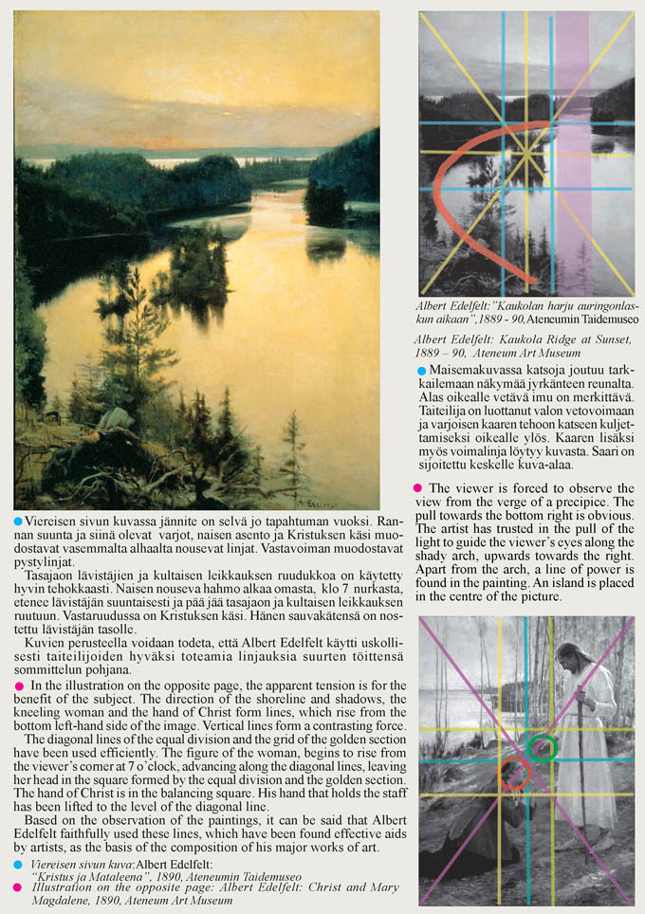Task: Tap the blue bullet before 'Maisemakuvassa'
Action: click(422, 369)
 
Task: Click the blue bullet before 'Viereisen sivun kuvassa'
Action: click(18, 521)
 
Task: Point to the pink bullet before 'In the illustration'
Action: click(18, 685)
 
